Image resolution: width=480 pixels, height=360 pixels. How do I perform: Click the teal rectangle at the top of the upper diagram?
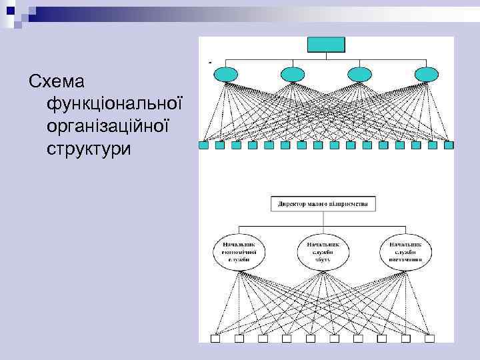(x=325, y=45)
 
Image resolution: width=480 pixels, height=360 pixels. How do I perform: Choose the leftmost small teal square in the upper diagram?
(x=203, y=145)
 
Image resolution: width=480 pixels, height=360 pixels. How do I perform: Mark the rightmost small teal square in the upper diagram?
(x=448, y=145)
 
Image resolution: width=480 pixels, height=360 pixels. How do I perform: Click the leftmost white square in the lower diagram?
(x=215, y=339)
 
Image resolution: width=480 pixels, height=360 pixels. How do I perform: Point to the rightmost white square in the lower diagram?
(x=430, y=339)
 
